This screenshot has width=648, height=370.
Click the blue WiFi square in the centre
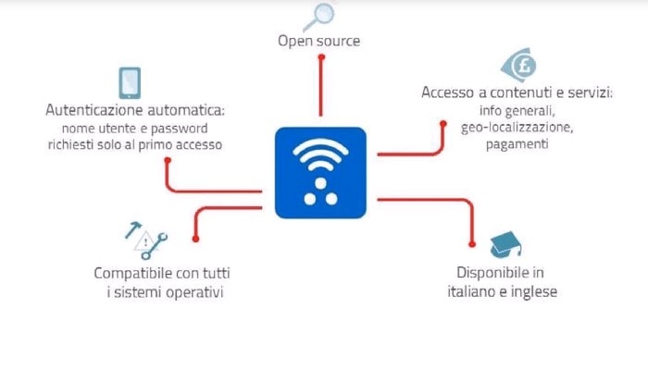pos(320,173)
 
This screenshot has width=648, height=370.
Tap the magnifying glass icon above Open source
pos(319,17)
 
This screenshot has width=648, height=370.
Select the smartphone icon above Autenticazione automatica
pos(130,83)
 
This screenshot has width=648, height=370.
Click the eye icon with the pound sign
pos(518,66)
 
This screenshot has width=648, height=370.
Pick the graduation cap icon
pos(505,244)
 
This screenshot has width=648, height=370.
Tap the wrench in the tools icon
pos(155,247)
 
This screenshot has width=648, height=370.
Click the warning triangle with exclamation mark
pos(145,242)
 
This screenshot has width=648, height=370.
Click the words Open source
pos(318,41)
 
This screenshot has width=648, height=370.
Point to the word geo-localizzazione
pos(517,128)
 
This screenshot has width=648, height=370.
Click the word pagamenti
pos(517,144)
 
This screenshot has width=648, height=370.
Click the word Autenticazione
pos(94,110)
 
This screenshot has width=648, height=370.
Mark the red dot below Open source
pos(321,57)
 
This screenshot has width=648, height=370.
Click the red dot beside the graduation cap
pos(472,244)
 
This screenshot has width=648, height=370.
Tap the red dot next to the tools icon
pos(196,239)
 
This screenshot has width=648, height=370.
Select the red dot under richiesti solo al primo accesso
pos(168,160)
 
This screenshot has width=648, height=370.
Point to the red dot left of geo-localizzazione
pos(443,123)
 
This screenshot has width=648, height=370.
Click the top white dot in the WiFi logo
pos(320,183)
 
